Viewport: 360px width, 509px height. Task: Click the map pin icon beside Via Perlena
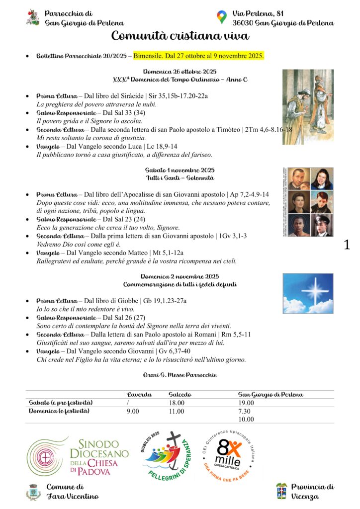[222, 17]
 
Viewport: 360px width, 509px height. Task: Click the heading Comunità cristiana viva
[180, 36]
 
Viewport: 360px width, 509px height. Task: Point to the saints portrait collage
[307, 202]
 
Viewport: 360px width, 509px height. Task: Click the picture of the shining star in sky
[308, 293]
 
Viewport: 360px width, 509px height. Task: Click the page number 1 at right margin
[347, 245]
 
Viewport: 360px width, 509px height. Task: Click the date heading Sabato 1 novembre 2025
[180, 170]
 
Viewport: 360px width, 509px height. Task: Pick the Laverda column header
[140, 394]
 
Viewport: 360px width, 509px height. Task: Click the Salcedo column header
[180, 394]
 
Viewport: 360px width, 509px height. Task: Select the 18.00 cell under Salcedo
[177, 403]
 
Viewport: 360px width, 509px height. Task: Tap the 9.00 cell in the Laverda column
[133, 411]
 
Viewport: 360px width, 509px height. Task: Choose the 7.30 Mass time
[245, 411]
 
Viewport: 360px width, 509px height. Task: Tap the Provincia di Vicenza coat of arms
[281, 491]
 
